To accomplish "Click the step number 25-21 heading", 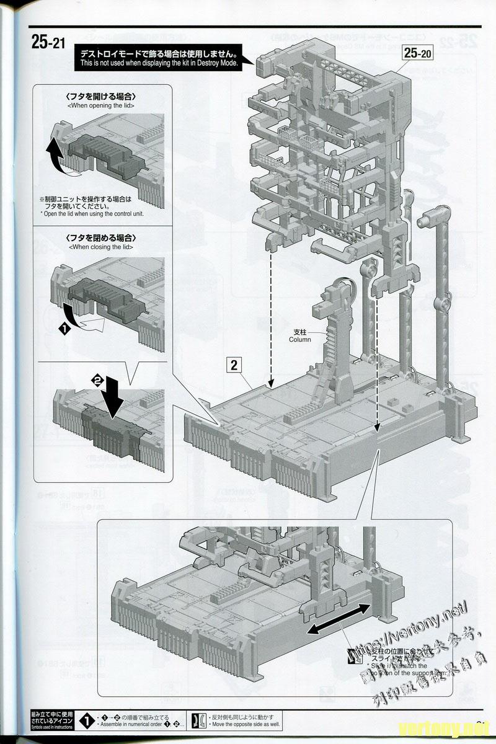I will (x=48, y=43).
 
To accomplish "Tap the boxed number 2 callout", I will (x=234, y=365).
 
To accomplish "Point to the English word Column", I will (x=300, y=340).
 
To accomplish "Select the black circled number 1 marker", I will (x=63, y=330).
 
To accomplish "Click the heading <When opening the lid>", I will (x=100, y=105).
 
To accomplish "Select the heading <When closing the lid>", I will (x=100, y=247).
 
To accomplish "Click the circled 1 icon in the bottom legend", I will (x=89, y=720).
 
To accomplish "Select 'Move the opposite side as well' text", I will (x=245, y=724).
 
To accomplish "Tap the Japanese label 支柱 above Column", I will (x=300, y=332).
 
